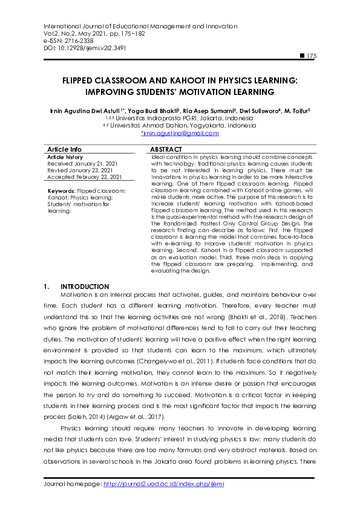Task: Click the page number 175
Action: click(x=311, y=56)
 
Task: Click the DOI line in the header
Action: click(x=85, y=47)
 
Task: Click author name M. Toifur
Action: click(x=295, y=111)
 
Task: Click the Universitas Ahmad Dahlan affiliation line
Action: click(x=180, y=126)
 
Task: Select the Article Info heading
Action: click(x=64, y=149)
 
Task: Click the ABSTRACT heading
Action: click(x=166, y=149)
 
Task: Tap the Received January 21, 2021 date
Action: click(x=82, y=163)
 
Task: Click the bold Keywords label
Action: click(x=61, y=191)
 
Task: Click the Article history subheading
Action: click(x=65, y=157)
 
